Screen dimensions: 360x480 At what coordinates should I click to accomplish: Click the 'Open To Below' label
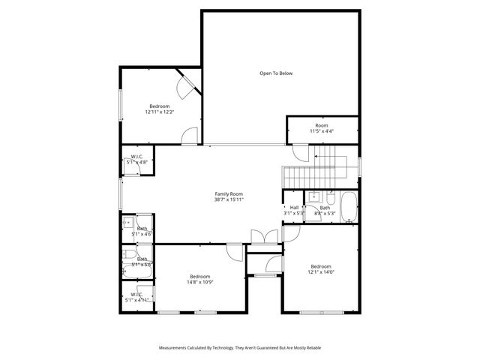point(275,73)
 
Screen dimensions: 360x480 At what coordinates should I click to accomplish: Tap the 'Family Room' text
point(229,193)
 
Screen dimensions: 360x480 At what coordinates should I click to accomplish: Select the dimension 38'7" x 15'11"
point(229,199)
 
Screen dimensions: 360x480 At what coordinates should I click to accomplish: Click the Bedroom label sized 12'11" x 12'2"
point(160,106)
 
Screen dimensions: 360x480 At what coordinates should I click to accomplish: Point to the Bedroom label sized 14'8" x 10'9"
point(200,276)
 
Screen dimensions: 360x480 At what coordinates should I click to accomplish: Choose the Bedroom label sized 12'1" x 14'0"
point(321,266)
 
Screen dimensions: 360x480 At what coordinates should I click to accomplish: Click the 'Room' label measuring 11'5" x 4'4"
point(322,125)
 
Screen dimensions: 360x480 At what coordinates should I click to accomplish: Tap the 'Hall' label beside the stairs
point(294,208)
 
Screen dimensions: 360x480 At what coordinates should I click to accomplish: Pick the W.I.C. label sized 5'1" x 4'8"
point(136,157)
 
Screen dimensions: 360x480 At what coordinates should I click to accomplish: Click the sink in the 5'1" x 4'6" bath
point(127,223)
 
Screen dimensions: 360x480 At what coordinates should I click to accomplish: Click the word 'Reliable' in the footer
point(312,348)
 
